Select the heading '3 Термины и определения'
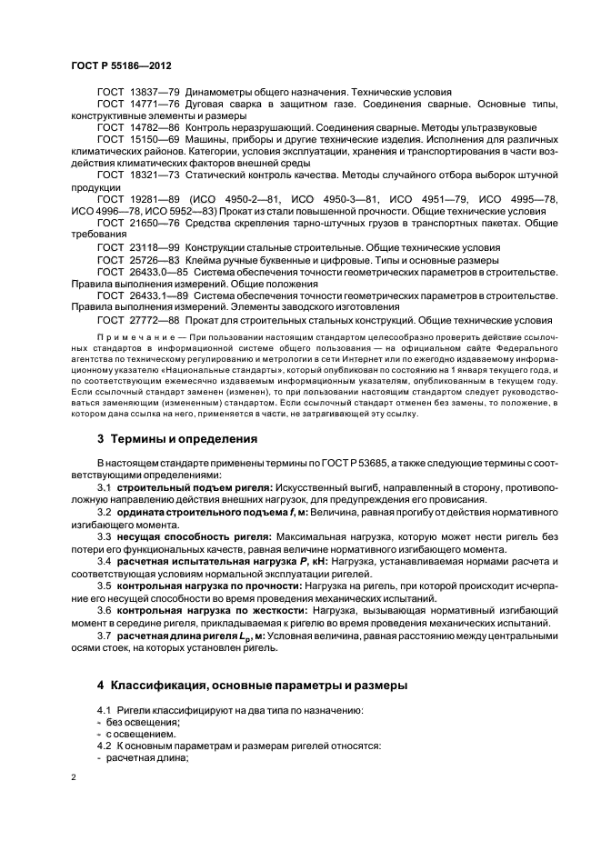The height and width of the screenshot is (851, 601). point(177,438)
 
